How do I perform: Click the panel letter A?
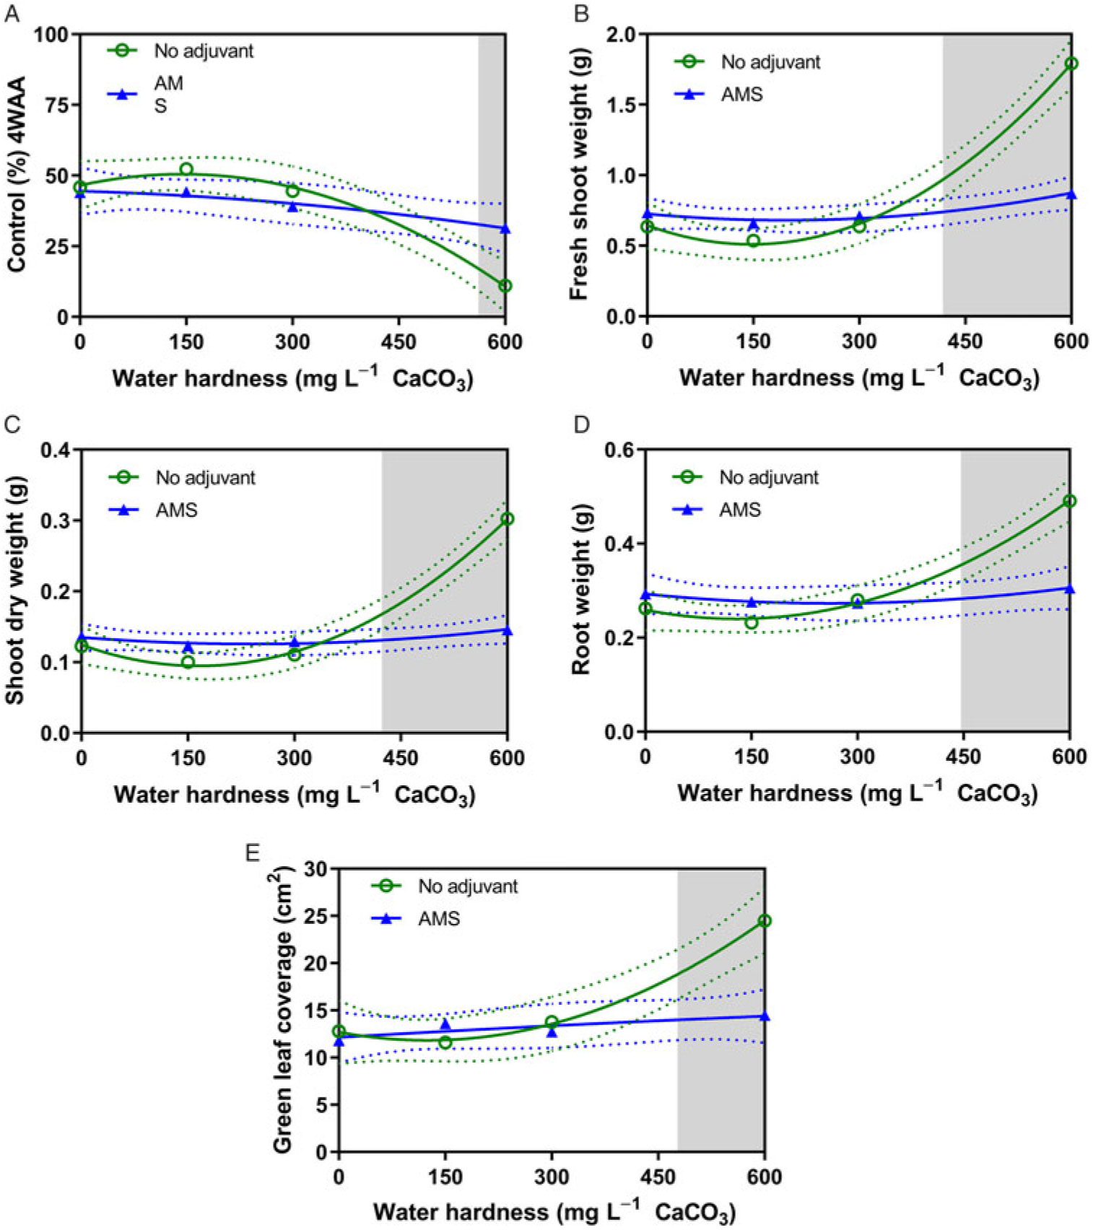click(x=12, y=14)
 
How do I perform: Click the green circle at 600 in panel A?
click(x=505, y=286)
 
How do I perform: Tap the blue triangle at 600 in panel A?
click(x=505, y=229)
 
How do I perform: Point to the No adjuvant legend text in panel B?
click(x=770, y=62)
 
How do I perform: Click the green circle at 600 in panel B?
click(x=1071, y=64)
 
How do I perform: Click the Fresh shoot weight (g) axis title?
click(x=580, y=173)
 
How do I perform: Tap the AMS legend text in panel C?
click(x=176, y=510)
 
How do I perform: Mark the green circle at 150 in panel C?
click(x=188, y=662)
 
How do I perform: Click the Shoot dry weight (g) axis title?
click(x=15, y=590)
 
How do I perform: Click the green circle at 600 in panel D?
click(x=1069, y=501)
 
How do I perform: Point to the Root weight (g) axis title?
click(x=581, y=590)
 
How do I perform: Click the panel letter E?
click(x=252, y=853)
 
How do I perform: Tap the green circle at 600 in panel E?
click(x=764, y=921)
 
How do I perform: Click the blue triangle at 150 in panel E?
click(x=445, y=1025)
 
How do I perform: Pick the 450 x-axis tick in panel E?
click(x=658, y=1177)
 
